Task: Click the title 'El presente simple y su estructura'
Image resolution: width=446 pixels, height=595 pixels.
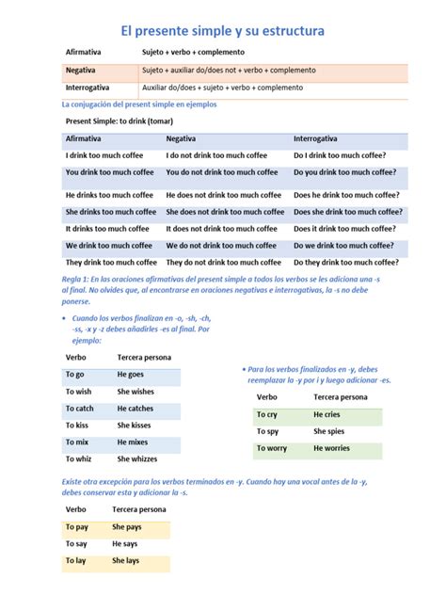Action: coord(222,31)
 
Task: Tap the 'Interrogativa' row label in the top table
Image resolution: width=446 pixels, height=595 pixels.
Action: coord(88,88)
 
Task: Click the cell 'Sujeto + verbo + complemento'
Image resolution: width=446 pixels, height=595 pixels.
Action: coord(193,53)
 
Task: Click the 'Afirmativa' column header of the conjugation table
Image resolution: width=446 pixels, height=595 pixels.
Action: coord(84,138)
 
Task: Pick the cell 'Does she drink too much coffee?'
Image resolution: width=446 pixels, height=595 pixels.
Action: coord(348,212)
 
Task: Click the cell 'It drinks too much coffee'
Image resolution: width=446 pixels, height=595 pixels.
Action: coord(107,229)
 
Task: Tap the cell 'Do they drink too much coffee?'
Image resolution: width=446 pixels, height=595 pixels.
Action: coord(344,263)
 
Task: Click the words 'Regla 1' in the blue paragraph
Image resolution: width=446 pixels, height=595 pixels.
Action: coord(75,281)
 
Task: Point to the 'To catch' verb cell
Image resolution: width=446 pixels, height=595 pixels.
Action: coord(80,409)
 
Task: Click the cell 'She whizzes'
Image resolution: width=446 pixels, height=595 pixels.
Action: coord(136,459)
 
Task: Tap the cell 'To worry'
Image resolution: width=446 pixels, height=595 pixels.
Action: coord(272,448)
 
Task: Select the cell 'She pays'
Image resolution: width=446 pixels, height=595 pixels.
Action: coord(127,527)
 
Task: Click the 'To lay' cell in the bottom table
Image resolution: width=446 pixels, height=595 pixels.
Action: coord(76,561)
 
